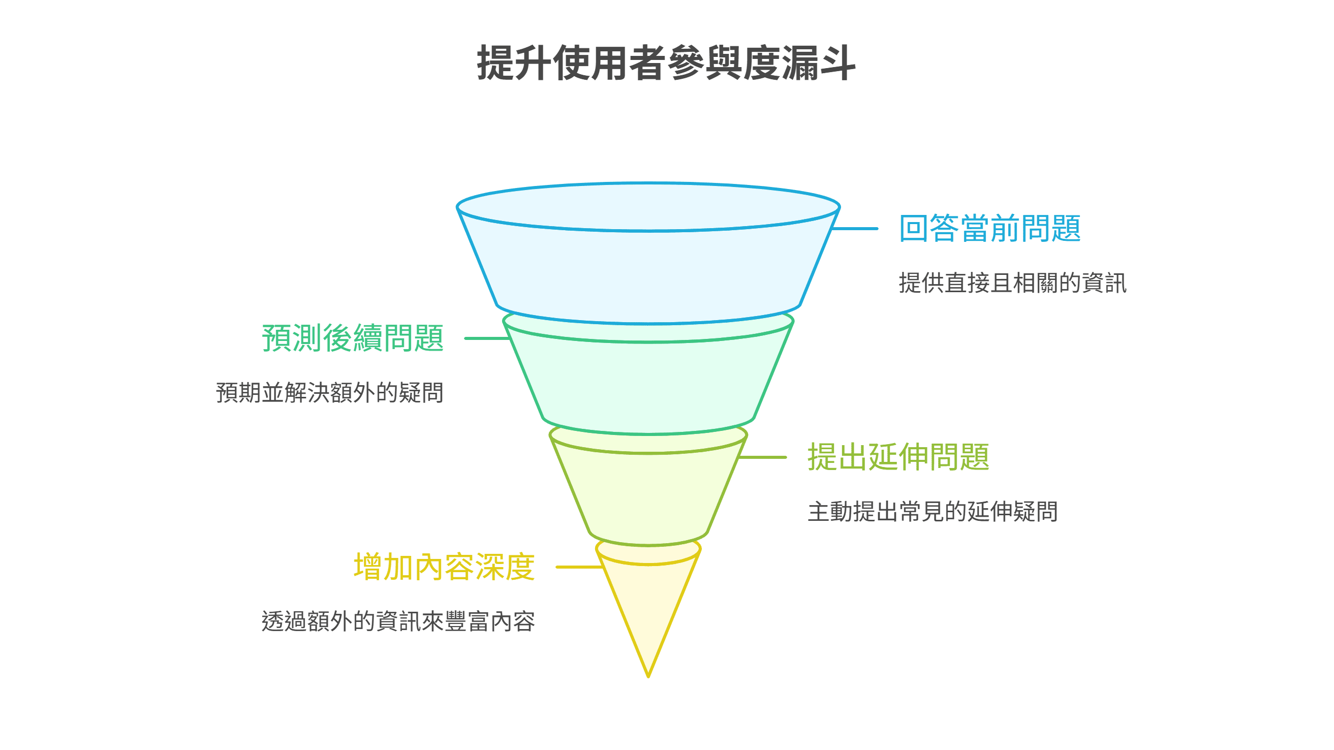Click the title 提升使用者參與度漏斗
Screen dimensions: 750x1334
[x=666, y=63]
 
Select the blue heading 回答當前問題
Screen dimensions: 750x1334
[x=989, y=229]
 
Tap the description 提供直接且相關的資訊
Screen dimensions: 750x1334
[x=1012, y=283]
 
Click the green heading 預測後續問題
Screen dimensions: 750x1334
[x=353, y=338]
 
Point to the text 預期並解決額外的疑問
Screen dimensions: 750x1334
[x=329, y=393]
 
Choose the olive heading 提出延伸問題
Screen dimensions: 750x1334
[x=898, y=457]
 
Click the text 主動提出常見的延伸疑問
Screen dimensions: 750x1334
[x=932, y=512]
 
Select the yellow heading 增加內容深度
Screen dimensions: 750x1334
[x=444, y=567]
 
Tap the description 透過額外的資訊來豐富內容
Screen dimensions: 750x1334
[x=398, y=621]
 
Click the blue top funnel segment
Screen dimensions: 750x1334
[x=648, y=269]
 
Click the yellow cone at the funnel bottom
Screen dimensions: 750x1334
[x=648, y=606]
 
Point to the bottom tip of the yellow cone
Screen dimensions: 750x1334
[x=648, y=675]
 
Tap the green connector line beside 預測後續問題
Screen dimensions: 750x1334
[x=486, y=338]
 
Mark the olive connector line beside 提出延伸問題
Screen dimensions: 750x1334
[x=762, y=457]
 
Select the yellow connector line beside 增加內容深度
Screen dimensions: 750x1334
[x=578, y=567]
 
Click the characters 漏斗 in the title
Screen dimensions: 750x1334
[x=818, y=63]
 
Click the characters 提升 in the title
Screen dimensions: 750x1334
[x=514, y=63]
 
